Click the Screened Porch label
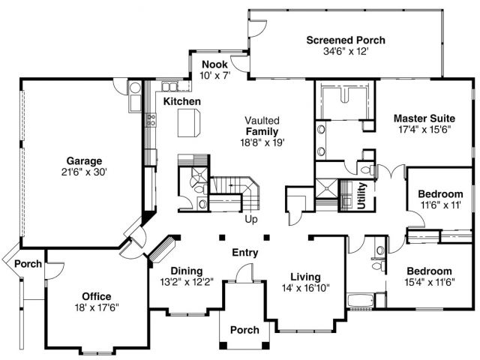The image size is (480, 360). pos(346,40)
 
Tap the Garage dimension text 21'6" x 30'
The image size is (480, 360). pos(84,172)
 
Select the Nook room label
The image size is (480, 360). pos(214,64)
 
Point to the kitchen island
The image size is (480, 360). pos(189,123)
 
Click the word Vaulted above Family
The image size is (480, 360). pos(262,120)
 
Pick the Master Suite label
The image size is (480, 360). pos(424,118)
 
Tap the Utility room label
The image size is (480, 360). pos(361,196)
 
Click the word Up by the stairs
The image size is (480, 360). pos(251,220)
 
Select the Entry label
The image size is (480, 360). pos(245,253)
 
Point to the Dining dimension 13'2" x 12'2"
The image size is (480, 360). pos(187,282)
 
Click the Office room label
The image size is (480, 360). pos(97,296)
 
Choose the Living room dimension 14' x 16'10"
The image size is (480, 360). pos(305,288)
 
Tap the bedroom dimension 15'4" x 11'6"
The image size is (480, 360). pos(430,282)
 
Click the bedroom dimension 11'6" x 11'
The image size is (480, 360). pos(441,205)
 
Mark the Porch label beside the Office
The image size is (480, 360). pos(28,263)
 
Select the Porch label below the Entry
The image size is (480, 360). pos(244,330)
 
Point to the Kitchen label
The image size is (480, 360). pos(181,101)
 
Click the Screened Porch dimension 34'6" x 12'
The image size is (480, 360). pos(346,51)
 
